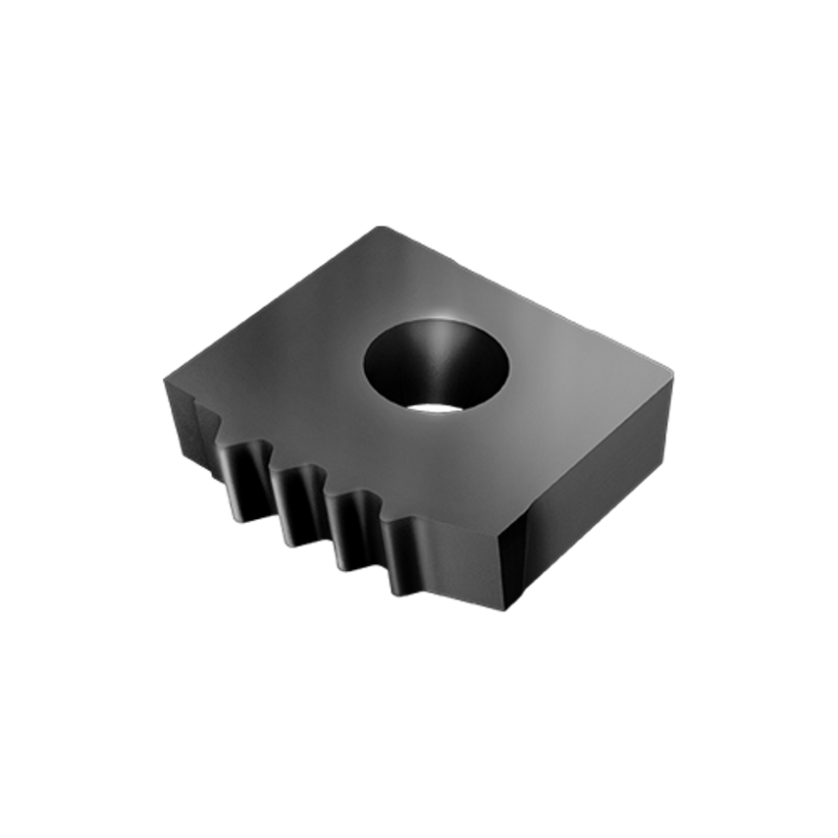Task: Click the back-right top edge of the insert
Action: [x=530, y=298]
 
